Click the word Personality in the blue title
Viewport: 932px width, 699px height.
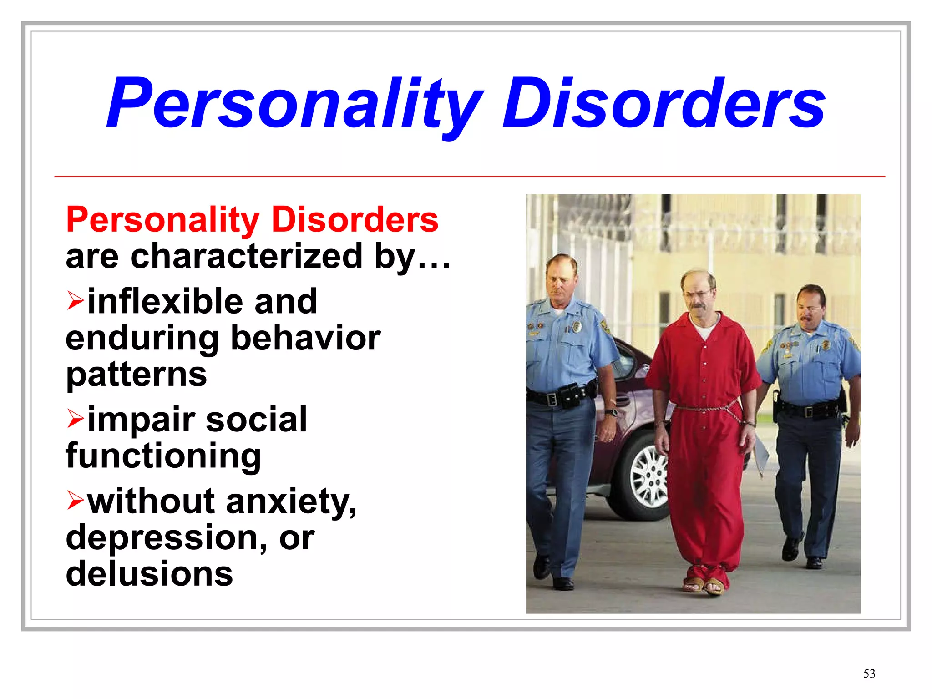pos(294,104)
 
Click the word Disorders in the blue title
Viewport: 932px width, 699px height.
pos(663,104)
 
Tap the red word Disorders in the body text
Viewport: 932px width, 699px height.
pos(355,220)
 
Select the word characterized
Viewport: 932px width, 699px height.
pos(246,256)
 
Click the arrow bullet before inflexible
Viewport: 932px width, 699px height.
pos(75,301)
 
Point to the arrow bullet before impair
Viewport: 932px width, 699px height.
pos(75,419)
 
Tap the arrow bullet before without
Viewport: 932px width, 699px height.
pos(75,501)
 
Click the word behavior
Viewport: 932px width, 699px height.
pos(306,338)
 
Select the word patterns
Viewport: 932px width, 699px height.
pos(136,375)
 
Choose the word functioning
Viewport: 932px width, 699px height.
pos(163,456)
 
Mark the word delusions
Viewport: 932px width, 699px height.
pos(149,574)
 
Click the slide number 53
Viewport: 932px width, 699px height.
pos(869,674)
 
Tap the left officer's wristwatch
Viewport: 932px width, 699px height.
pos(611,413)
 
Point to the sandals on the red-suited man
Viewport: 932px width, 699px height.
pos(704,586)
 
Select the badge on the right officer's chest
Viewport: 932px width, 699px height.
pos(826,346)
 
